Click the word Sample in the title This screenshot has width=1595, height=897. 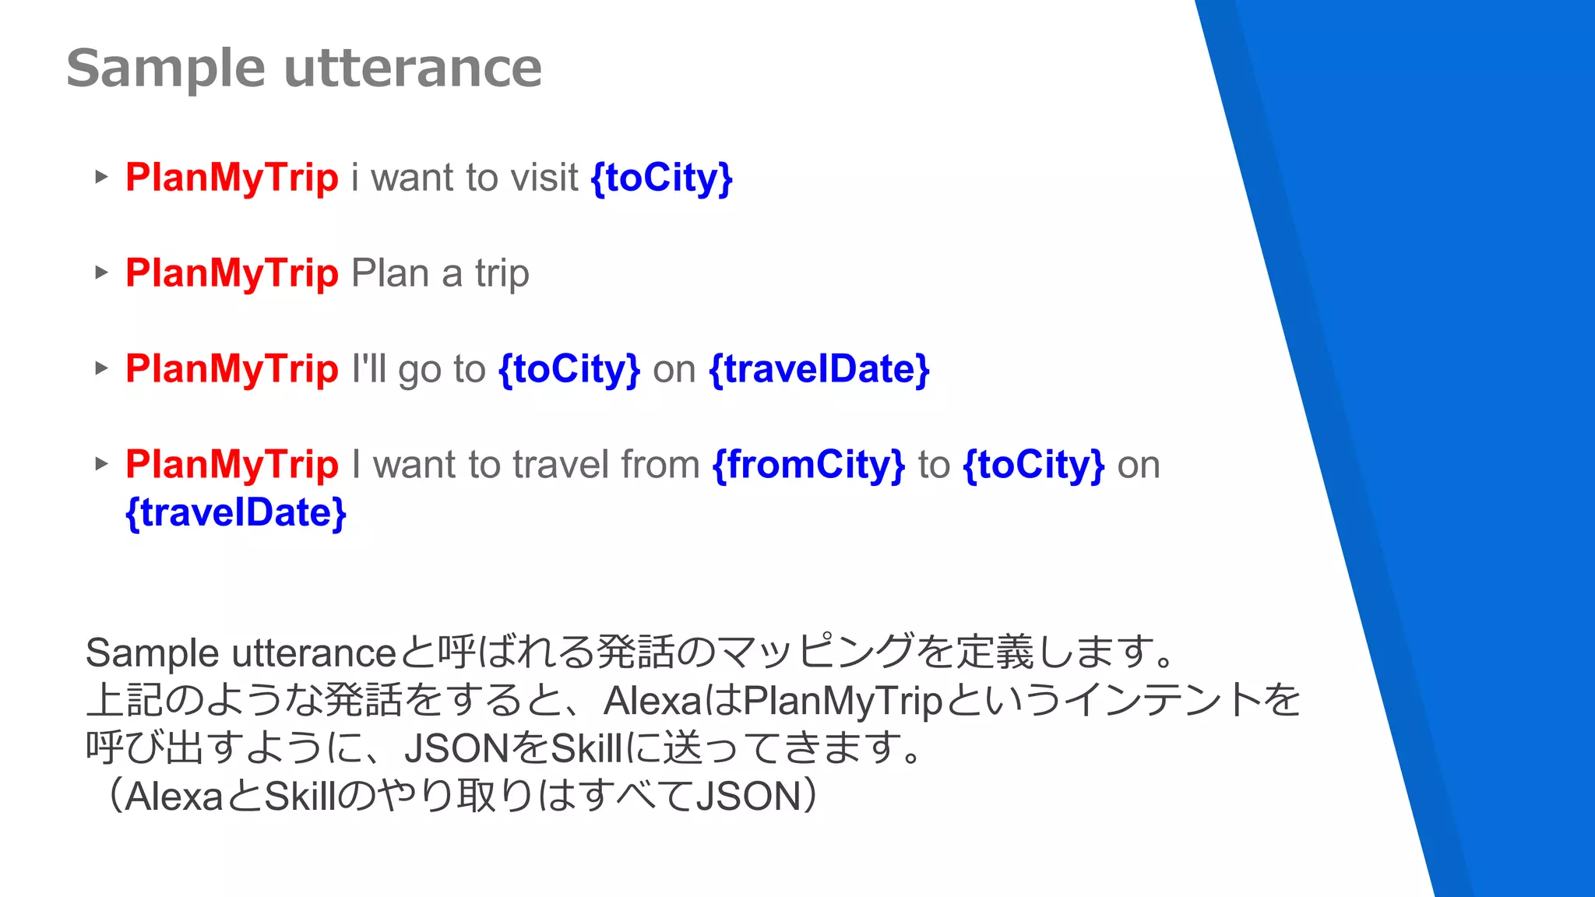(x=166, y=69)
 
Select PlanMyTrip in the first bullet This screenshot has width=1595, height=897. (x=232, y=178)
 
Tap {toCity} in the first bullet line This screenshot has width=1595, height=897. (x=662, y=178)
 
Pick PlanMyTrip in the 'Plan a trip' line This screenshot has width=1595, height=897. (x=232, y=273)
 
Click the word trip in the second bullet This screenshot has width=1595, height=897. (x=502, y=274)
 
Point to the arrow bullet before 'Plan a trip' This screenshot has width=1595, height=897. (x=101, y=273)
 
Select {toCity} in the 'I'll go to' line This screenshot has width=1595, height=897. (x=569, y=369)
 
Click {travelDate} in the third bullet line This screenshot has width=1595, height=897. (x=819, y=369)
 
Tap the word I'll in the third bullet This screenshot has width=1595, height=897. (x=368, y=369)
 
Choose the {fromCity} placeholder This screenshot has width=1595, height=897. (x=808, y=465)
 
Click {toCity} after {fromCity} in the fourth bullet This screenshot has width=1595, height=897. (x=1033, y=465)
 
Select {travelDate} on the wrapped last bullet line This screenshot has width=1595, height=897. (x=236, y=513)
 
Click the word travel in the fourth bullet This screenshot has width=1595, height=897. (x=555, y=465)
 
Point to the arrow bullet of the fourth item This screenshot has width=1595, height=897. (x=101, y=464)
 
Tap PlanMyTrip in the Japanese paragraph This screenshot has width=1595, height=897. (x=843, y=701)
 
